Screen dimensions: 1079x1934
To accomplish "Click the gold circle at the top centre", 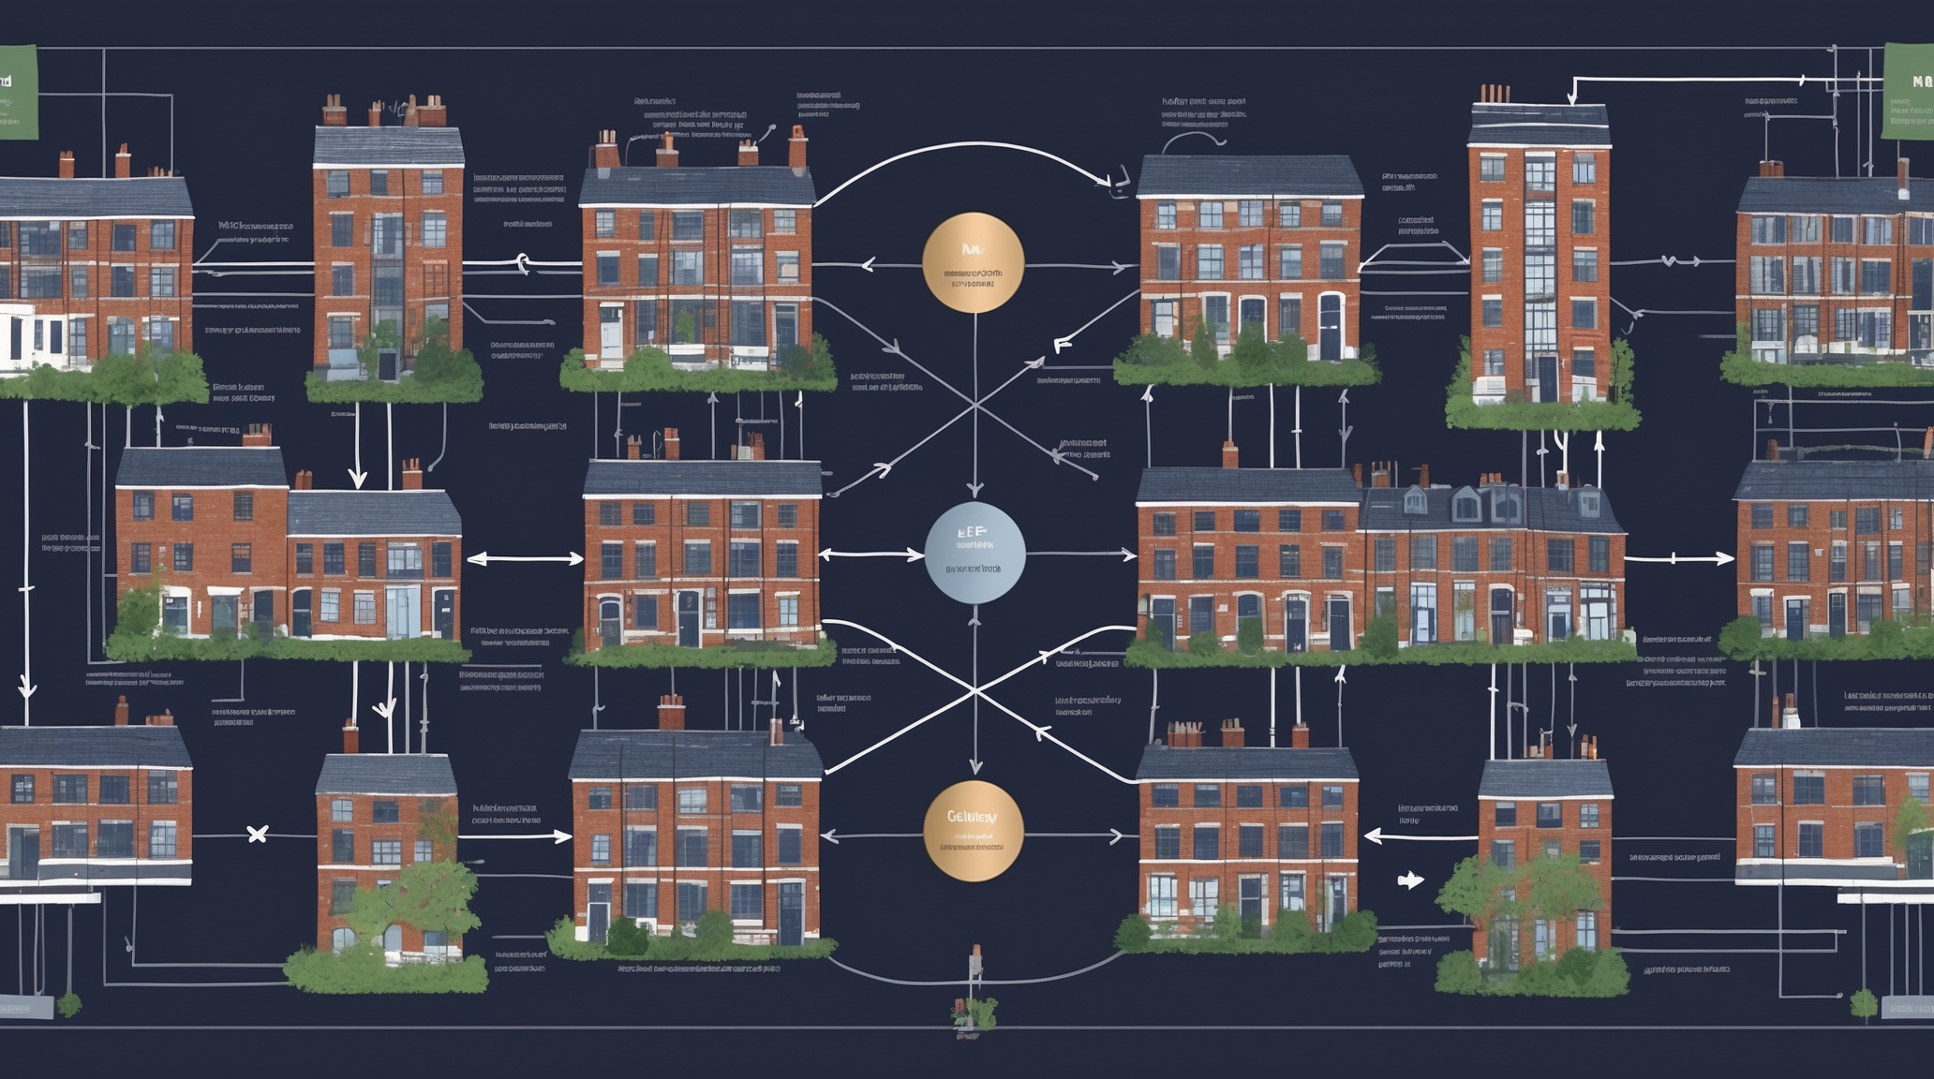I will pyautogui.click(x=973, y=263).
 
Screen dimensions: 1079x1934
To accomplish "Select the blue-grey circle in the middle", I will pyautogui.click(x=974, y=554).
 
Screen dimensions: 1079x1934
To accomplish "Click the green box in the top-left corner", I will pyautogui.click(x=17, y=92).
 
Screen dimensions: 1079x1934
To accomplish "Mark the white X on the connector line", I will pyautogui.click(x=257, y=834).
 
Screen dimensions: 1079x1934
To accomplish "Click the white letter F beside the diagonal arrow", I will pyautogui.click(x=1062, y=345).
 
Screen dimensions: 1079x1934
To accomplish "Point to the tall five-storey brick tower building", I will pyautogui.click(x=1539, y=262).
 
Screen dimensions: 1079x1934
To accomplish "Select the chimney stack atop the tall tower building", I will pyautogui.click(x=1495, y=95).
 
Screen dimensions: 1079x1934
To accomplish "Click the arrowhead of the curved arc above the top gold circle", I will pyautogui.click(x=1106, y=180).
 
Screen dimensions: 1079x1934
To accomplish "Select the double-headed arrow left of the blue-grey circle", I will pyautogui.click(x=525, y=559).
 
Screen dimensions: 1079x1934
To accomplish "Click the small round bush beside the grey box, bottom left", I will pyautogui.click(x=68, y=1005).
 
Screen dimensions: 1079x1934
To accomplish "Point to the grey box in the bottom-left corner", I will pyautogui.click(x=25, y=1008).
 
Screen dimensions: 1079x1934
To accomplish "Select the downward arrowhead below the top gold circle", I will pyautogui.click(x=974, y=489).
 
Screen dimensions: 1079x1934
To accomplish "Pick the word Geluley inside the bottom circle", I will pyautogui.click(x=973, y=817).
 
